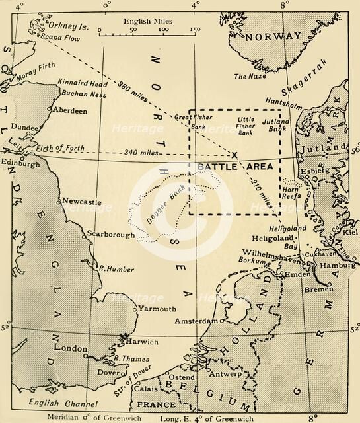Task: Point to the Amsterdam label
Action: pyautogui.click(x=196, y=321)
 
